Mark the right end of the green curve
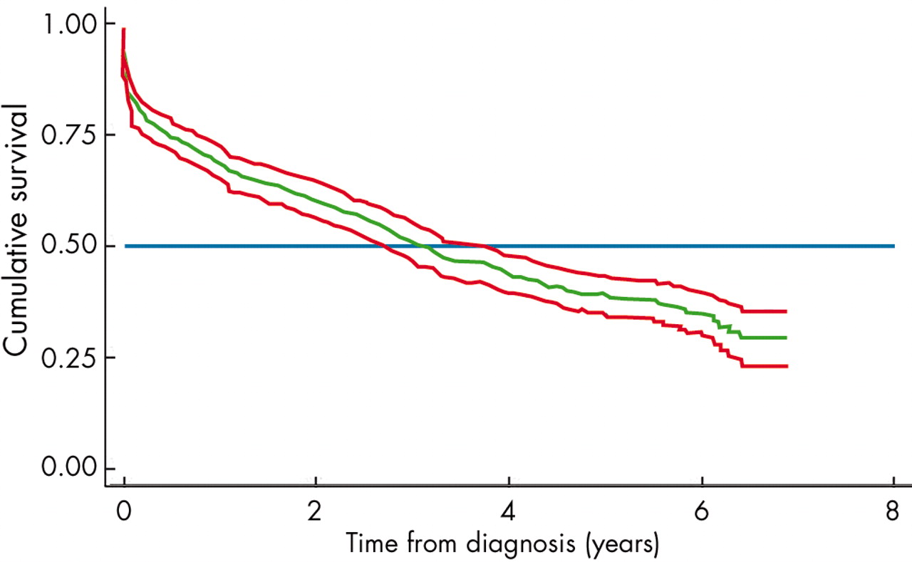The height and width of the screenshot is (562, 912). pos(786,338)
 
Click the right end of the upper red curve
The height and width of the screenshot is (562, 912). pos(786,311)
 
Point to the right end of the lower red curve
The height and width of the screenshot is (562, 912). pos(786,366)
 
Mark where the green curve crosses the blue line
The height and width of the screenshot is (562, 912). pos(425,246)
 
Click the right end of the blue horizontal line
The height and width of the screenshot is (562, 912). pos(893,246)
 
